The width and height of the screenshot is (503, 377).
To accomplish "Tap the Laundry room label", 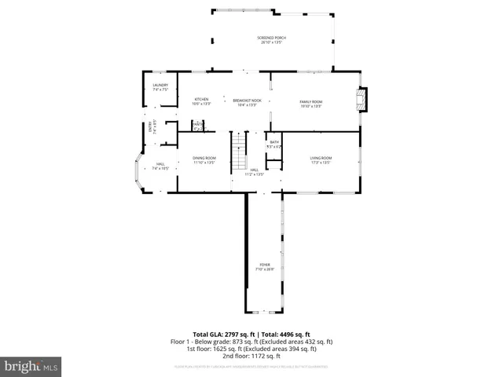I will coord(160,87).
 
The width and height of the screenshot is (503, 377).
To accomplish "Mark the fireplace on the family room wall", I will coord(362,101).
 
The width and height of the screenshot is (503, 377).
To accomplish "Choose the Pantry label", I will coord(198,125).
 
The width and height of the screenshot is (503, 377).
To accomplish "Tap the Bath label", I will coord(274,144).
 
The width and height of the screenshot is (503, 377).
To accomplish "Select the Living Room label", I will coord(320,160).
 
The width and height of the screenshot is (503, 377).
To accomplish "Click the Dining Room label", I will coord(204,160).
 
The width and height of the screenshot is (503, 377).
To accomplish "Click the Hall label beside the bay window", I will coord(160,166).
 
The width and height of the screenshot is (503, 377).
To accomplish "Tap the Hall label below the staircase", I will coord(254,172).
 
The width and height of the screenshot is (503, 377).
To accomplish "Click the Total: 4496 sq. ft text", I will coord(287,334).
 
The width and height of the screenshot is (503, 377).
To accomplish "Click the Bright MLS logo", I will coord(31,366).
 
